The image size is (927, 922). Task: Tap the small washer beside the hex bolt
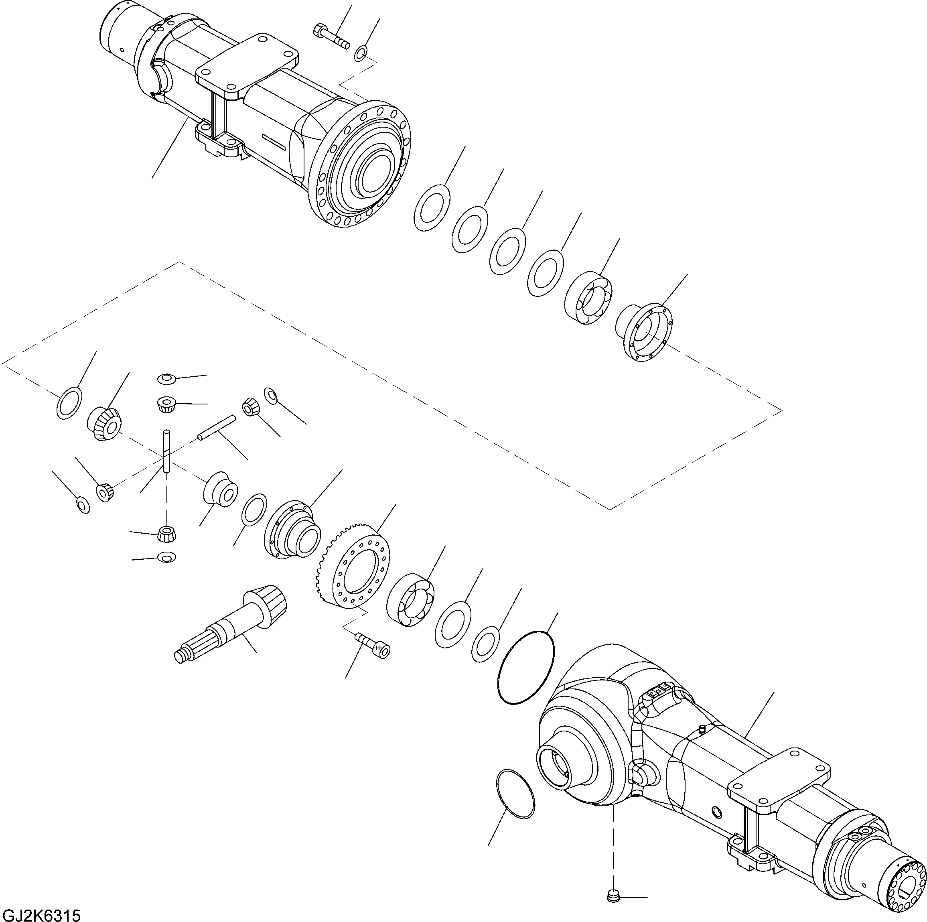[x=361, y=53]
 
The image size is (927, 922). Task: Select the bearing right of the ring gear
[x=410, y=600]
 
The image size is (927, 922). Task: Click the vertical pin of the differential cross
[x=166, y=451]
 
